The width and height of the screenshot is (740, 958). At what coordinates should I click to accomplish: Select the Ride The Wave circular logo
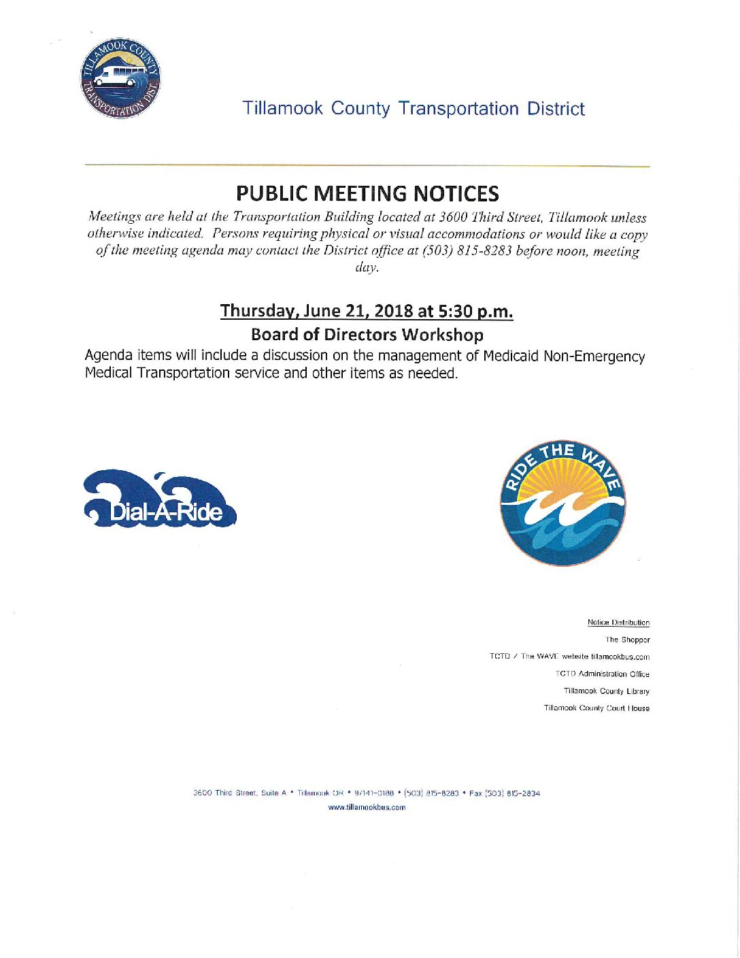pos(563,502)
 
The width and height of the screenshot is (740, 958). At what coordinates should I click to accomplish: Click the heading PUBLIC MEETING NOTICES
pos(367,194)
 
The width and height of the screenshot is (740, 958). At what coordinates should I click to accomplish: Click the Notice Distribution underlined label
pos(618,623)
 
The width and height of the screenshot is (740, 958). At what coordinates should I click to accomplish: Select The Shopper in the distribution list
pos(628,640)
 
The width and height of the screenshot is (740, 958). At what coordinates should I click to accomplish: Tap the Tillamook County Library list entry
pos(607,691)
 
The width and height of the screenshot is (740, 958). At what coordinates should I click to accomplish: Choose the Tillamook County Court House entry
pos(596,708)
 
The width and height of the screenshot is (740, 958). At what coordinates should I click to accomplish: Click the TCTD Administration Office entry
pos(603,674)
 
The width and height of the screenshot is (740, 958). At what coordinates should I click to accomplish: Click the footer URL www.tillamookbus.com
pos(367,808)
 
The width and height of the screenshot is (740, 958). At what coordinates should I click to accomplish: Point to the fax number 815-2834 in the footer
pos(524,793)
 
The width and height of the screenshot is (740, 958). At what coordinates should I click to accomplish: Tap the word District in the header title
pos(556,109)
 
